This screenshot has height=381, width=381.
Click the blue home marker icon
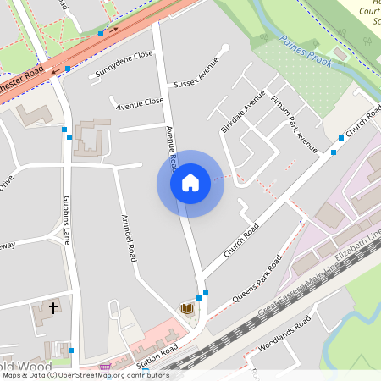[190, 183]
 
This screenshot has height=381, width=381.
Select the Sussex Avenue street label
[196, 72]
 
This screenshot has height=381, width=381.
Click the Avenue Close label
[140, 102]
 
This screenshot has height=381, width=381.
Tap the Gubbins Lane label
[67, 220]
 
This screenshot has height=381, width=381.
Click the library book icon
[186, 310]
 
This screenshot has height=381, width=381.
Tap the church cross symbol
[53, 308]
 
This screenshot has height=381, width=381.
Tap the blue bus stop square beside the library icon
[199, 298]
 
